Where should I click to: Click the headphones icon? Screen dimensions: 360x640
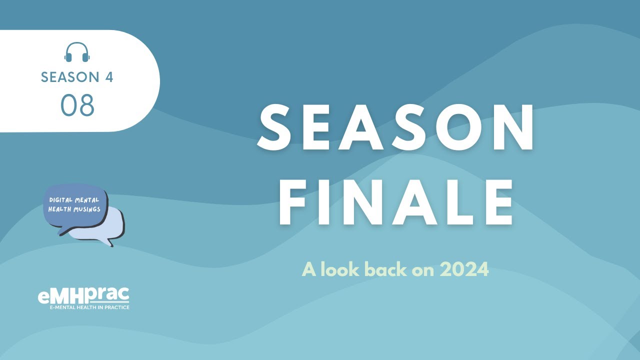[77, 52]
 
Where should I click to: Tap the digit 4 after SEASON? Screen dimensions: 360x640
[108, 77]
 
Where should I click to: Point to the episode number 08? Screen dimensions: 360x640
[77, 105]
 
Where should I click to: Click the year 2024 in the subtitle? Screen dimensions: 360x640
[464, 270]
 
